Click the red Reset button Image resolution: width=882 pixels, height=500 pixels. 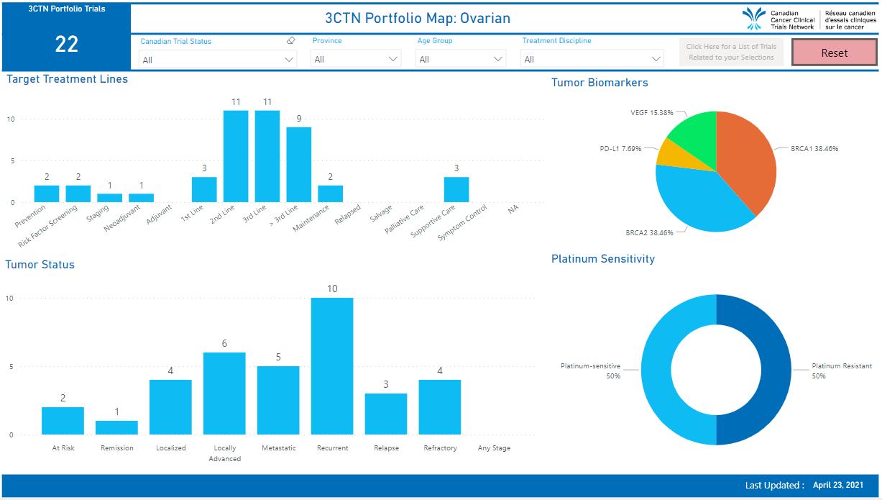pos(834,53)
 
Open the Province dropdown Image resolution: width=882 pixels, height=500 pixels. pos(356,59)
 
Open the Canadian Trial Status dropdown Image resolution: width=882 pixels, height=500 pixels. pos(218,60)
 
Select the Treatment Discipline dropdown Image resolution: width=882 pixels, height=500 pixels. pos(592,59)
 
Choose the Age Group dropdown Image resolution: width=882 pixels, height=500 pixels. pos(461,59)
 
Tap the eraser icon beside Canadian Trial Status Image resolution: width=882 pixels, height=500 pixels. pos(290,41)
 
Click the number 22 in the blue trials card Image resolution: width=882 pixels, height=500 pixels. pos(67,45)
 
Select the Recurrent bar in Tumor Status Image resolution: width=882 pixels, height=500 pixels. pos(332,366)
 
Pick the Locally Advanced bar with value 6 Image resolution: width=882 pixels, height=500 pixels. pos(224,394)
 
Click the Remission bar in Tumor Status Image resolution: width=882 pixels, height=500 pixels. pos(117,427)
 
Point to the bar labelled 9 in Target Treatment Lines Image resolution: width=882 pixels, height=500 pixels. pos(298,165)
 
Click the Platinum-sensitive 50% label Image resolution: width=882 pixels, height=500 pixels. pos(590,371)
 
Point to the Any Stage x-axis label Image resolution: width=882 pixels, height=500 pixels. pos(494,448)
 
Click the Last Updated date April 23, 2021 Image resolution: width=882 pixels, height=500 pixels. pos(837,485)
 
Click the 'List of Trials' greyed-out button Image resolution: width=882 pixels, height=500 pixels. pos(731,52)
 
